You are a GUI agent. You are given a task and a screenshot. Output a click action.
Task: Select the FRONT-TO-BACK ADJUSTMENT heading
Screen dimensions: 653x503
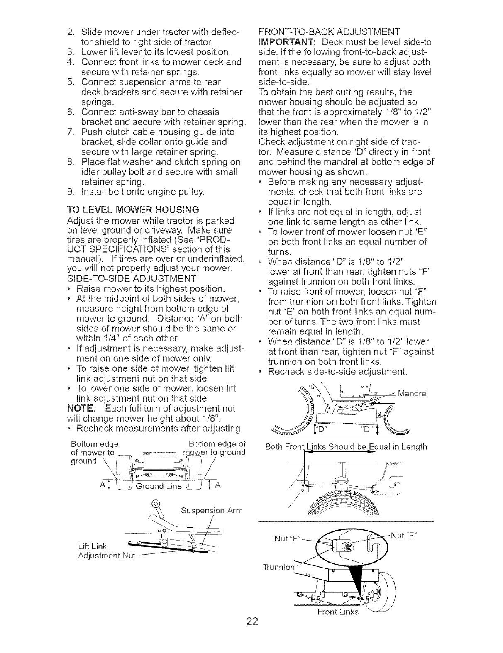coord(329,32)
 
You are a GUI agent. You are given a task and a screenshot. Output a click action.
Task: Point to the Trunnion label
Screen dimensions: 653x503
coord(277,567)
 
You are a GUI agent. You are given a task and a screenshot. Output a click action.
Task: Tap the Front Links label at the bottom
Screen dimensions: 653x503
coord(337,612)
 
